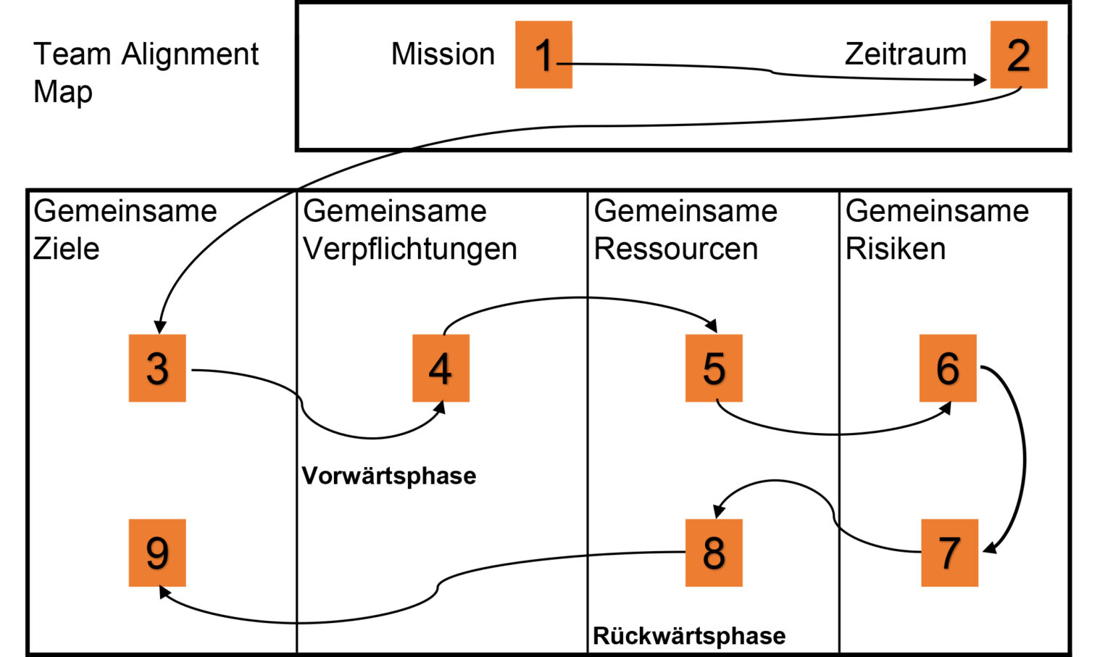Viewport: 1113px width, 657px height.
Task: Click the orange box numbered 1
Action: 543,55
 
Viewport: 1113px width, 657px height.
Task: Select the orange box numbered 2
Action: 1018,55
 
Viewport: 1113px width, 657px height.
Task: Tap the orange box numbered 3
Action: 157,368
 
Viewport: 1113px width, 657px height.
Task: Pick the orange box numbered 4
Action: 441,368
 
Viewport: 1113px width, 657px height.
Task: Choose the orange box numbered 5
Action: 714,368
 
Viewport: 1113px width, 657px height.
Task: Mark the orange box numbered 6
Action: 948,368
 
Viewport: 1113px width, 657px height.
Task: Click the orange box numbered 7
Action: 949,553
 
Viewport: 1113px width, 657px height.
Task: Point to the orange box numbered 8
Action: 714,553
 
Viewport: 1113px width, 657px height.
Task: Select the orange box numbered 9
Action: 157,553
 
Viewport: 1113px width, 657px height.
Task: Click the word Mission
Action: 443,54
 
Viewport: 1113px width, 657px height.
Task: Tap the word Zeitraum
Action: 905,54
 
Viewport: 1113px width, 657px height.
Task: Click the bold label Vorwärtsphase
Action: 389,476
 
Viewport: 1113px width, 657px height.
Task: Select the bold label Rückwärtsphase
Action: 689,636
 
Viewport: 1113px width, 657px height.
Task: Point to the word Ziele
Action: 67,249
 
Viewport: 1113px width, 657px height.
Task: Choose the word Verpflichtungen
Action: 410,249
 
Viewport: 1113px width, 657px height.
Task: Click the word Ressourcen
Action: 676,249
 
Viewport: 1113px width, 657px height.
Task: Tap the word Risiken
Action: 896,249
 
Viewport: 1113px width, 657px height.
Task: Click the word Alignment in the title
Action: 190,54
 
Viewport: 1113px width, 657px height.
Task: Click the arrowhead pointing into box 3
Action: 160,327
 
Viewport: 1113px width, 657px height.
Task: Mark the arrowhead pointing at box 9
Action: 165,592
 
